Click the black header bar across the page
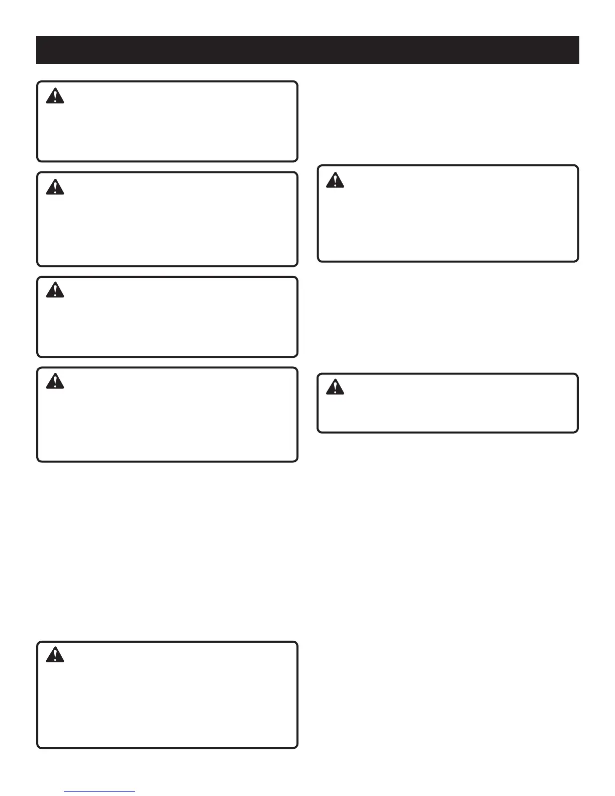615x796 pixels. click(x=307, y=50)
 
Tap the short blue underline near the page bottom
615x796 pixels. click(x=99, y=792)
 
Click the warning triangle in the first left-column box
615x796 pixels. click(x=55, y=96)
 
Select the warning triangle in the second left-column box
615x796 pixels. click(x=55, y=187)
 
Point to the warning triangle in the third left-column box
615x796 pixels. click(x=55, y=290)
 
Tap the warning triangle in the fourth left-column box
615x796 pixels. click(x=55, y=381)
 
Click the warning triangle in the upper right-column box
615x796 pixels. click(x=335, y=180)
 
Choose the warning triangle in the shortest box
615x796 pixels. click(x=335, y=387)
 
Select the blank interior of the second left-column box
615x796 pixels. click(x=167, y=226)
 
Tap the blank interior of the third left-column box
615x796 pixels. click(x=167, y=324)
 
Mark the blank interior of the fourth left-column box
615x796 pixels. click(x=167, y=422)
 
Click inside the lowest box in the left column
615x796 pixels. click(x=167, y=704)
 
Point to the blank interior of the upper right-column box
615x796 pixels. click(x=448, y=221)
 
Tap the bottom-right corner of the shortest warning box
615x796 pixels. click(x=577, y=431)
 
